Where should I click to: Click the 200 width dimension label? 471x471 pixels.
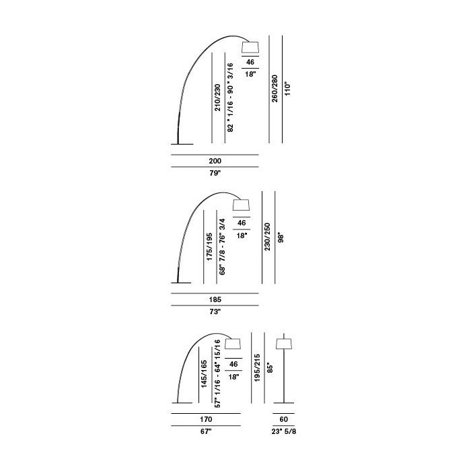(215, 161)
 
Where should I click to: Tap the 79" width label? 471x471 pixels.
(215, 173)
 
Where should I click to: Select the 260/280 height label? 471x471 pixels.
(275, 89)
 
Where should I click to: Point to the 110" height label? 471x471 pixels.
(287, 89)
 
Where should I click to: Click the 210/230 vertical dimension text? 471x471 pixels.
(217, 98)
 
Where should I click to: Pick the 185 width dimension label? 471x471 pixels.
(215, 299)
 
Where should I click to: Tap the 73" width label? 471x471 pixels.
(215, 312)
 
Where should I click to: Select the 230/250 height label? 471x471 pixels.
(267, 237)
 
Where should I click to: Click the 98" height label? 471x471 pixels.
(281, 238)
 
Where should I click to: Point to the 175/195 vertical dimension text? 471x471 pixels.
(209, 247)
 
